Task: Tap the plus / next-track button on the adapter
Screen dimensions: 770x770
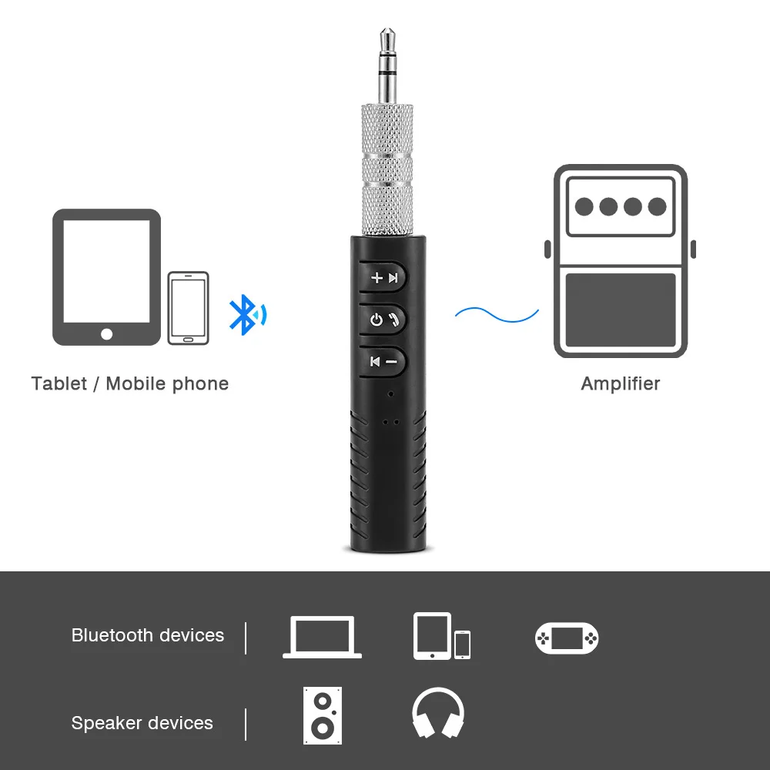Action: click(383, 277)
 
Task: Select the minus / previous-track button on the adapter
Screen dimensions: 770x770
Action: click(383, 360)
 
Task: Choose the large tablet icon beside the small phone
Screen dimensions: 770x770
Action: click(106, 277)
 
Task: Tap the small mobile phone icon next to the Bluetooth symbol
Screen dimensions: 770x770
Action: click(188, 308)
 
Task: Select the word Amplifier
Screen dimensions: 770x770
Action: click(621, 383)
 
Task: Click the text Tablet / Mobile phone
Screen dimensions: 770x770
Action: click(129, 383)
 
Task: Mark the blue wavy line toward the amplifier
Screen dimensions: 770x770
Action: click(497, 313)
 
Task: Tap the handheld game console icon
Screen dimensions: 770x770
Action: click(567, 638)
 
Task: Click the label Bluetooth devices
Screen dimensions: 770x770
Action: click(148, 635)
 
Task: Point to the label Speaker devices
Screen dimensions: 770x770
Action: click(142, 723)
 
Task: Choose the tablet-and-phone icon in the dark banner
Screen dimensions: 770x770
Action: click(441, 636)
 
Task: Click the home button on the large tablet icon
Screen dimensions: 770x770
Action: click(106, 334)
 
